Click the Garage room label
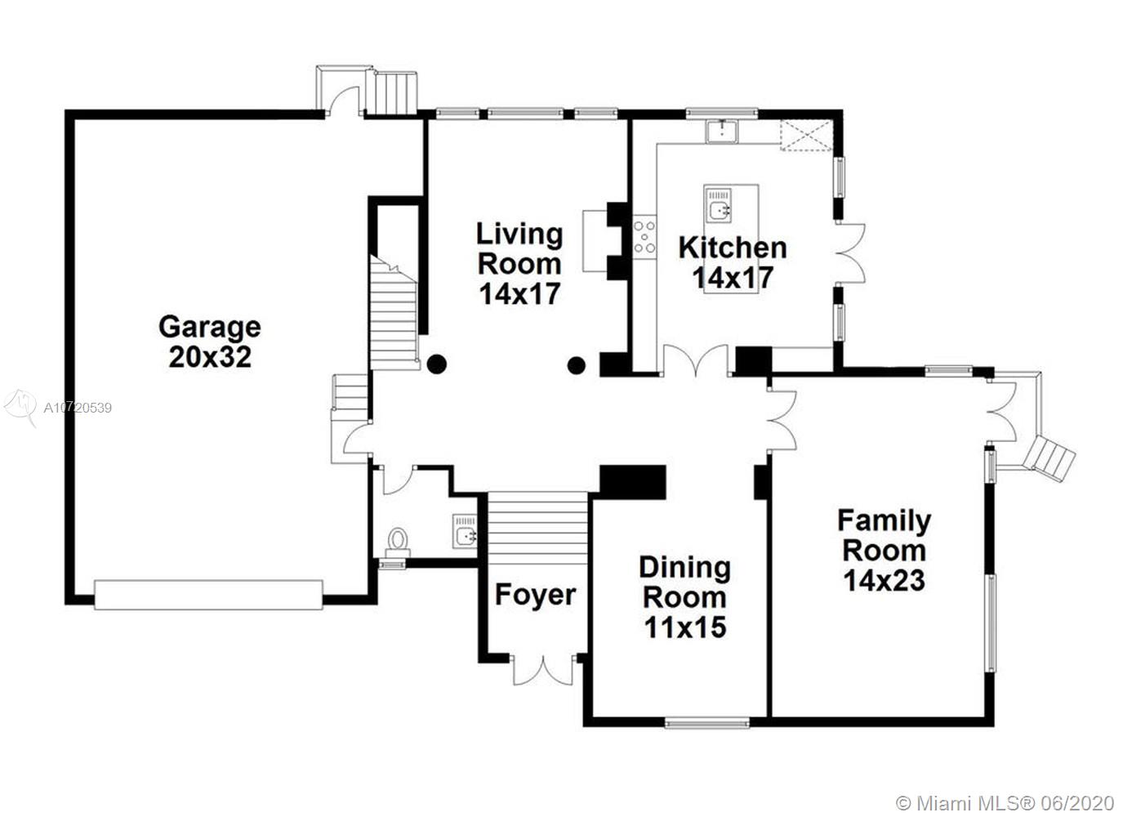(210, 328)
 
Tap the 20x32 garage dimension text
(210, 357)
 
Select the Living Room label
(519, 248)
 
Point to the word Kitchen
(732, 248)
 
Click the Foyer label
(536, 595)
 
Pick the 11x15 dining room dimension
(685, 627)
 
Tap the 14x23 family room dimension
(884, 580)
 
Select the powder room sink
(465, 531)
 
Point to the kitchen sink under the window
(722, 132)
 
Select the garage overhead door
(208, 595)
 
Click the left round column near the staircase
(437, 364)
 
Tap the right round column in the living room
(577, 366)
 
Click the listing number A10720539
(78, 408)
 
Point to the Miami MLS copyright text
(1005, 803)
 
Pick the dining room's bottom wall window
(707, 723)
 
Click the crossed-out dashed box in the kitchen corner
(806, 135)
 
